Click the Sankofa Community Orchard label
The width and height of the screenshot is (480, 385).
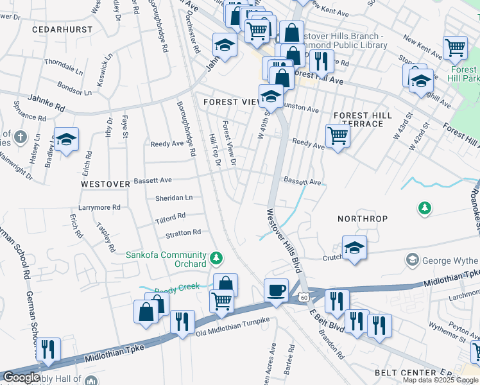166,259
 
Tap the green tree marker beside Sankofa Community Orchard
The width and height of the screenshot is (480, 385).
216,258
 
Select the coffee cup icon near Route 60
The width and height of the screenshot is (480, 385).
276,290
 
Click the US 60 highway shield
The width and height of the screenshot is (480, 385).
304,297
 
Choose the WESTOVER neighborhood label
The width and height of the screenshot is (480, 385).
105,184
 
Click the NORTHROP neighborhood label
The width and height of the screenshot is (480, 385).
363,219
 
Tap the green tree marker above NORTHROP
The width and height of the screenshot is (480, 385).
424,208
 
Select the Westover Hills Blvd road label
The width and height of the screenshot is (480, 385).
284,241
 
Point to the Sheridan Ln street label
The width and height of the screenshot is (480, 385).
174,198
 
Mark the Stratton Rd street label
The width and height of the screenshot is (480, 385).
184,232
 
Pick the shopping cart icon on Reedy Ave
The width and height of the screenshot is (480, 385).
338,135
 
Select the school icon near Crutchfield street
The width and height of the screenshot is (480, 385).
354,247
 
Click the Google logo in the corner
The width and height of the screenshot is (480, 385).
22,377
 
